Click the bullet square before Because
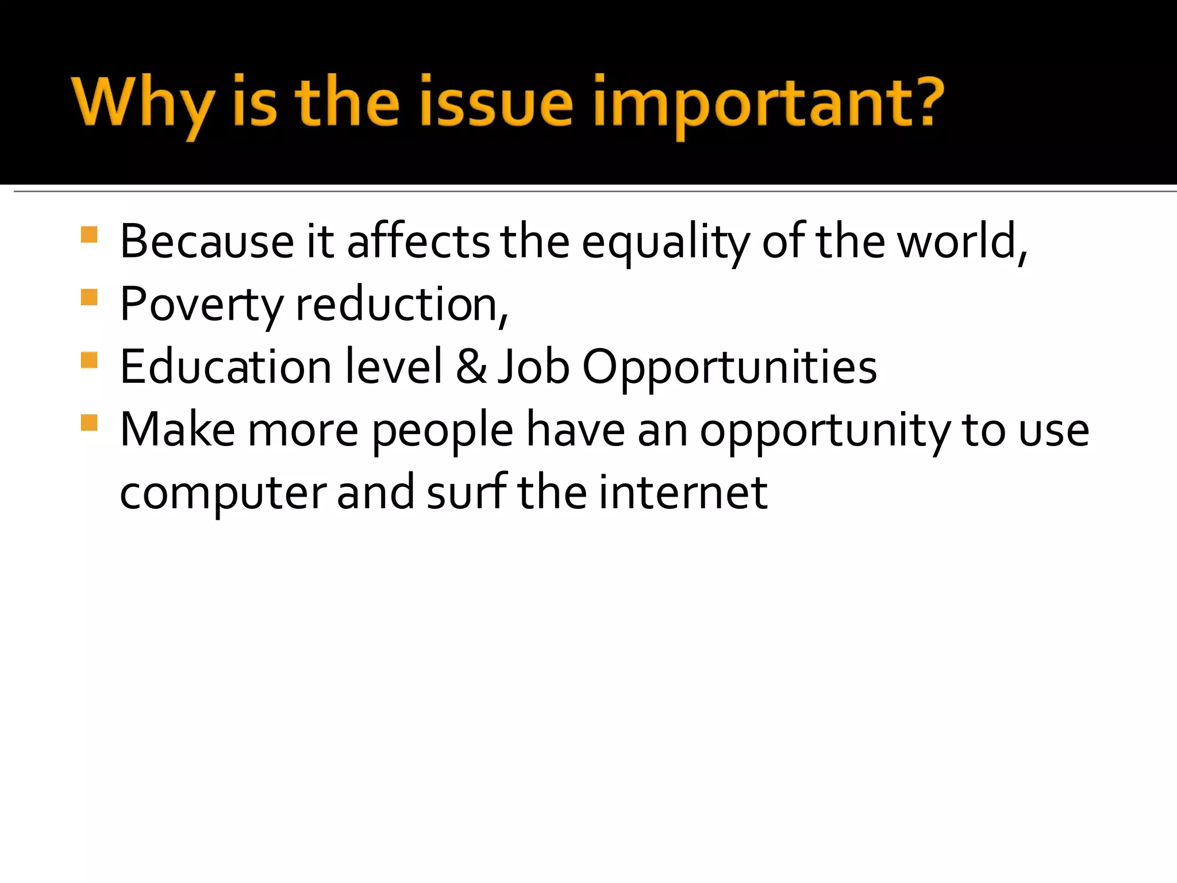89,235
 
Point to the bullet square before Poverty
89,298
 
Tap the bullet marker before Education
89,360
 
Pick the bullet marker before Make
89,423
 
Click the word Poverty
201,305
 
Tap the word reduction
397,305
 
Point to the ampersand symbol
471,367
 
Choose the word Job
533,367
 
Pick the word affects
418,241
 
